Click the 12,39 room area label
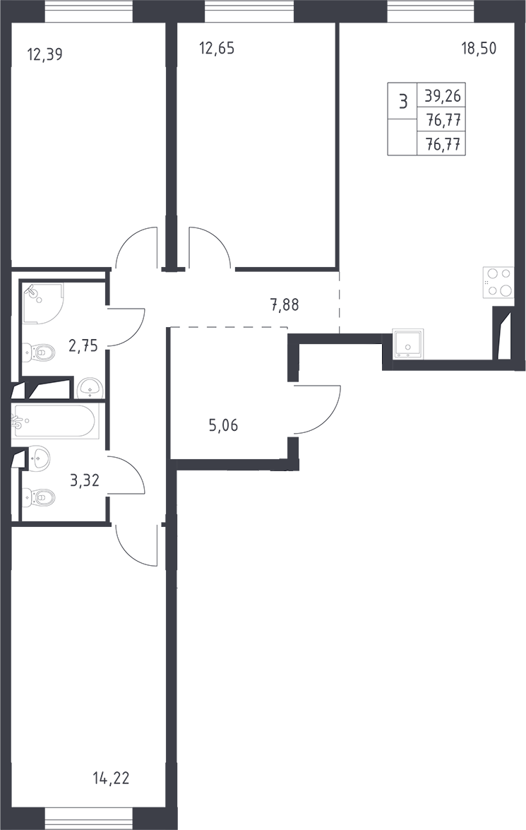(44, 54)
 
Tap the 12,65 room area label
(217, 49)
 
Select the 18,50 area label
(479, 49)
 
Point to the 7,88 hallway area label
(285, 305)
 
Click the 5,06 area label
(223, 425)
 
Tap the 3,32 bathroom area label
(85, 480)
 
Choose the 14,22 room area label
(111, 778)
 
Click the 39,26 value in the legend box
(443, 96)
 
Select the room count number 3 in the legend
(403, 100)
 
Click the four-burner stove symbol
(498, 282)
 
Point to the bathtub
(54, 421)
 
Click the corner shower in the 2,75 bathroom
(43, 303)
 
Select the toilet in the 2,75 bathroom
(39, 352)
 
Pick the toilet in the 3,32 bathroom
(39, 497)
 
